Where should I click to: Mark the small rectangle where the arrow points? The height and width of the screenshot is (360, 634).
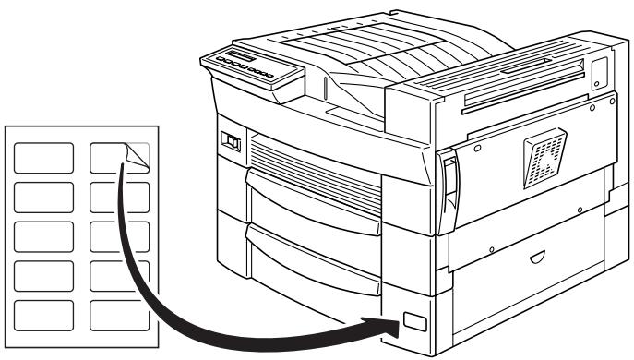coord(413,322)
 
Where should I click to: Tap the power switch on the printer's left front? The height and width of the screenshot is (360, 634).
coord(231,142)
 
